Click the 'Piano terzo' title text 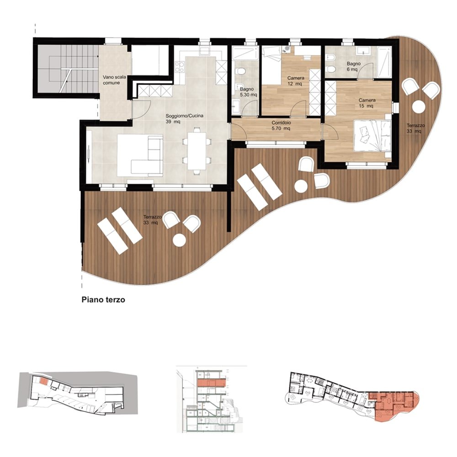103,300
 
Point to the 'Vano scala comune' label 114,80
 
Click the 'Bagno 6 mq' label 353,66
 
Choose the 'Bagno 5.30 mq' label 248,92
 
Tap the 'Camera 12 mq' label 296,81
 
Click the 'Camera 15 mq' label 367,103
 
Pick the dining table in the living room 197,151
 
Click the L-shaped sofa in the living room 140,155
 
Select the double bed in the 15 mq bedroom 372,136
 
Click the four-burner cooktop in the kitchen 180,68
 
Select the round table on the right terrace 419,106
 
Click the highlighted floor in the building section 212,383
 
